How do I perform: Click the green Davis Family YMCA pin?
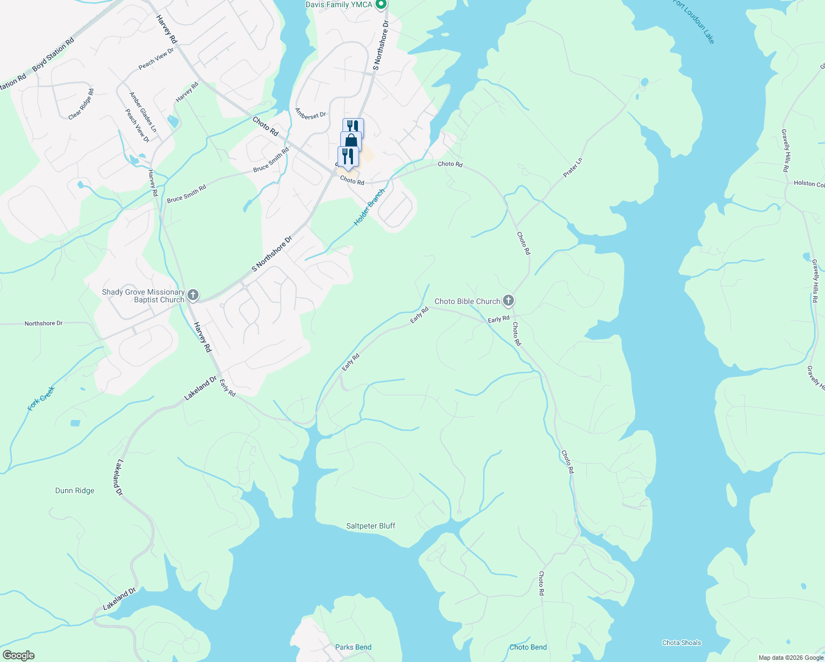tap(381, 5)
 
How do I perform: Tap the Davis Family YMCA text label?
tap(335, 5)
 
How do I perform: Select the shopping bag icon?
tap(351, 142)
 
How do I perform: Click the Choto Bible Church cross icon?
tap(508, 301)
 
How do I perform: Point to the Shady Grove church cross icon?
tap(193, 295)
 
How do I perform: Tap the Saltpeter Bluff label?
tap(371, 526)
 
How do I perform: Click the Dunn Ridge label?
tap(75, 490)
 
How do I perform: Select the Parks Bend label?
tap(353, 647)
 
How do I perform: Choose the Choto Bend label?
tap(528, 647)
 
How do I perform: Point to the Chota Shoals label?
tap(682, 643)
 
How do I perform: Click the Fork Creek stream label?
tap(41, 398)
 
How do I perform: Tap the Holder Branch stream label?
tap(369, 207)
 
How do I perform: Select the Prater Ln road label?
tap(572, 168)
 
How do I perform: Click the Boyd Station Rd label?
tap(53, 54)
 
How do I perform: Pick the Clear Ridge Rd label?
tap(81, 104)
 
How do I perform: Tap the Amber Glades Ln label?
tap(143, 112)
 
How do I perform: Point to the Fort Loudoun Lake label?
tap(694, 21)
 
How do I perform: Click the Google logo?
tap(18, 655)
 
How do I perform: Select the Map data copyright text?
tap(791, 658)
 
